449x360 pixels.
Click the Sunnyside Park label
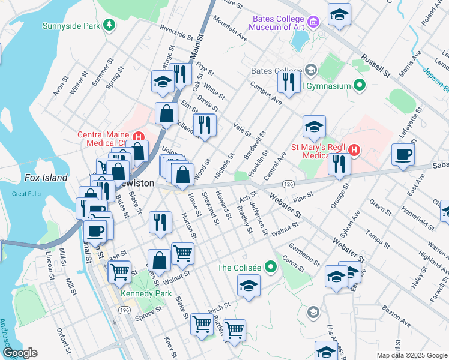71,26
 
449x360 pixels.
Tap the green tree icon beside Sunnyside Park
109,25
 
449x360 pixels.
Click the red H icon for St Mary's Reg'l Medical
354,149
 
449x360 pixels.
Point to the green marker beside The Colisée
271,266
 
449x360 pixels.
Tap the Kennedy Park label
146,294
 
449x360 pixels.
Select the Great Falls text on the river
26,194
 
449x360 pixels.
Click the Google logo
20,353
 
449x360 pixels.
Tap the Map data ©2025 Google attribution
411,355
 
